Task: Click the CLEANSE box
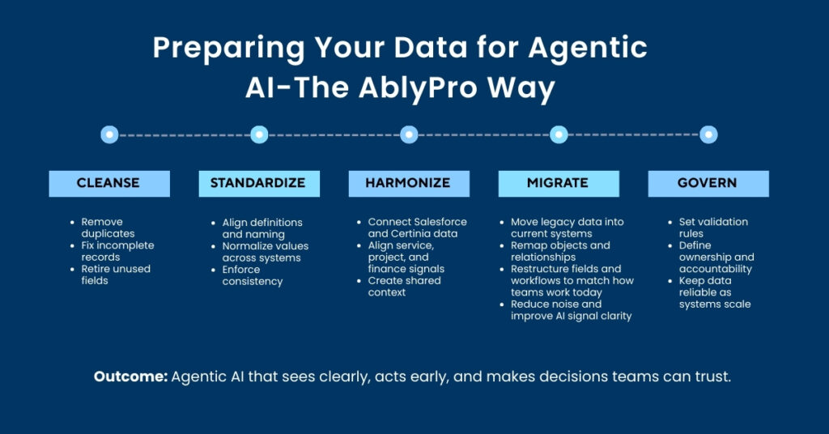coord(108,183)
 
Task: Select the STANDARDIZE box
coord(258,183)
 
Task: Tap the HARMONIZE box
coord(408,183)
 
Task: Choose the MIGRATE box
coord(558,183)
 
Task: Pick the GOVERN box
coord(708,183)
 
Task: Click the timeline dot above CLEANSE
coord(109,134)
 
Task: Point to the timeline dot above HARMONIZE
coord(409,134)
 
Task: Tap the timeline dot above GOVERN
coord(708,134)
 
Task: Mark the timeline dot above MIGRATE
coord(559,134)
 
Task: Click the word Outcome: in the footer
coord(130,377)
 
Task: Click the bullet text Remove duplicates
coord(108,228)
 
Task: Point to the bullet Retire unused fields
coord(115,274)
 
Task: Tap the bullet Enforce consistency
coord(253,275)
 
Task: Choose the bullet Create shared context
coord(404,286)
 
